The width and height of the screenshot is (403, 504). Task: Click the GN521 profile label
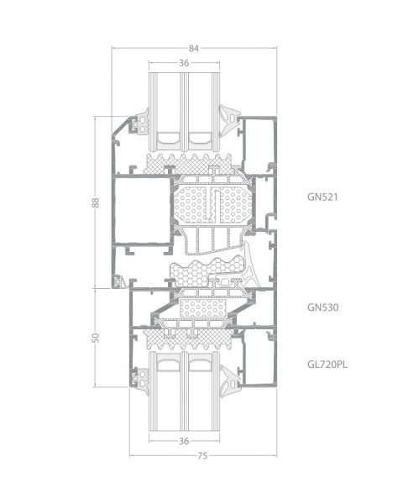point(322,197)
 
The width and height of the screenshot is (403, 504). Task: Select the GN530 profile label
point(322,307)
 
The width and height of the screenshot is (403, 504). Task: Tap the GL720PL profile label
point(327,365)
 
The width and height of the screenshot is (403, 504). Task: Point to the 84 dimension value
point(194,49)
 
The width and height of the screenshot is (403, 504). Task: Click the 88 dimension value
point(96,202)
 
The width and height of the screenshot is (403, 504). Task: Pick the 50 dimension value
point(96,338)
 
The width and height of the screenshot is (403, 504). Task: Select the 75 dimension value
point(202,456)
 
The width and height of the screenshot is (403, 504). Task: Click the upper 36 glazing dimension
point(184,63)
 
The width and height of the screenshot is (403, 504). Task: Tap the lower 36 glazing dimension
point(184,441)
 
